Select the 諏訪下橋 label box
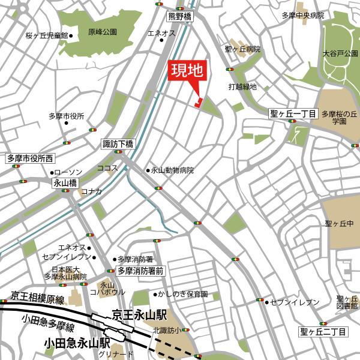point(118,144)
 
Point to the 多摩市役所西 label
point(31,159)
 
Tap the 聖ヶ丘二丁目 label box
point(323,331)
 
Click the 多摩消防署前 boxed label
point(140,271)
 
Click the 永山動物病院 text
point(172,170)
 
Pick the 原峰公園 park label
point(102,33)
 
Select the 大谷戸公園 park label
point(340,53)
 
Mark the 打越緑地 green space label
point(242,87)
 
